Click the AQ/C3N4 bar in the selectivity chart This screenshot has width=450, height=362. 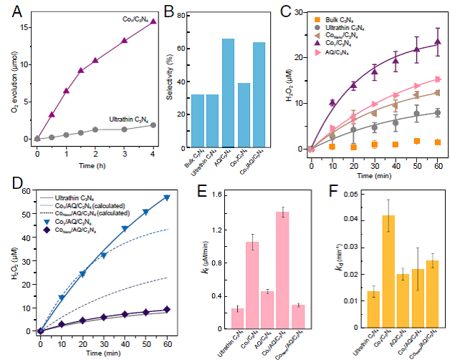[x=228, y=93]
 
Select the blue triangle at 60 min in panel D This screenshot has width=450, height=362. [x=166, y=197]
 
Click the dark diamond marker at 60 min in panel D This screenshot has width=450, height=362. [x=166, y=310]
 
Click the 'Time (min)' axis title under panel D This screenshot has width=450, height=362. [x=103, y=353]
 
